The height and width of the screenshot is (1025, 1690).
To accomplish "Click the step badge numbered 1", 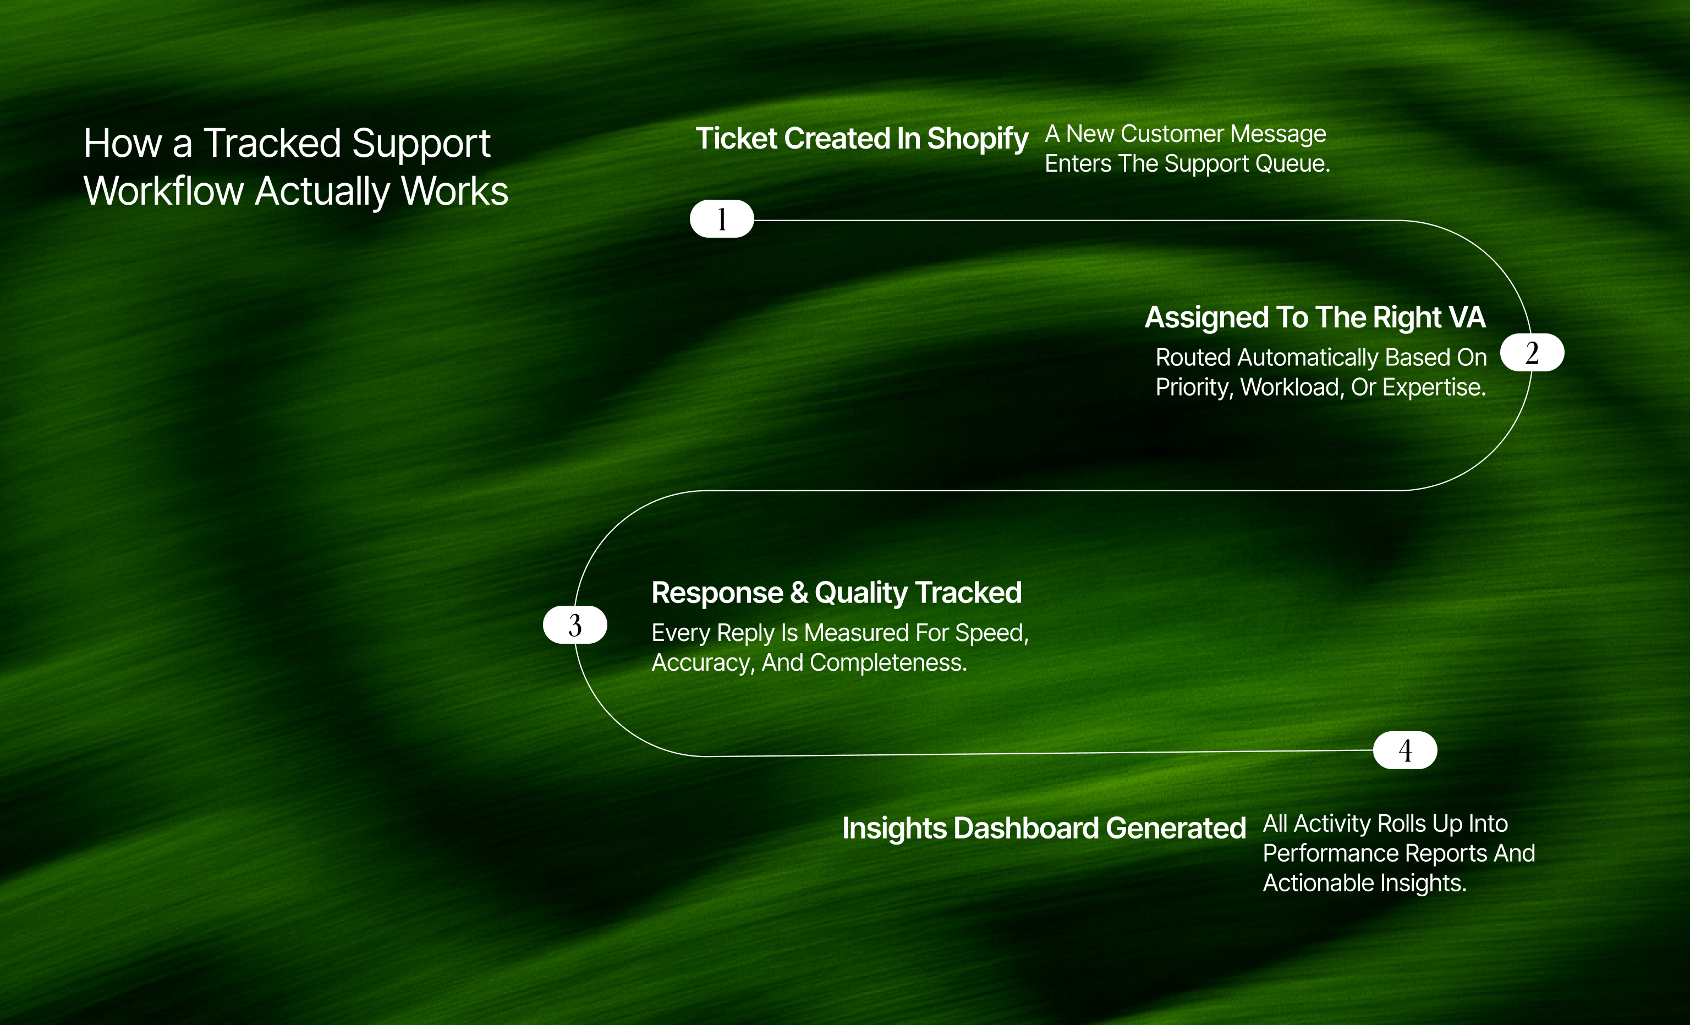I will (x=722, y=219).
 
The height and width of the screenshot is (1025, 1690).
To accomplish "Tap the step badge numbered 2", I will (x=1532, y=353).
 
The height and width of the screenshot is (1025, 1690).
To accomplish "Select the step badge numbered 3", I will (x=575, y=625).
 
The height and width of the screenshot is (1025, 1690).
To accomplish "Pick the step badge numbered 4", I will (x=1404, y=750).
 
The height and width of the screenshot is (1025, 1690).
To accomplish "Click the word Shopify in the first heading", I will (x=978, y=139).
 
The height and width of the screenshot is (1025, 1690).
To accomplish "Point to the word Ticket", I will (x=737, y=139).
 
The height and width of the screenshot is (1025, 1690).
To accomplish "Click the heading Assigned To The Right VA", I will (x=1315, y=317).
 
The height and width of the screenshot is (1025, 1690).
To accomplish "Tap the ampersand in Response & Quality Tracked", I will (x=798, y=593).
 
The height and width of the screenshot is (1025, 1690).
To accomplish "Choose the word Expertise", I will (x=1434, y=388).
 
